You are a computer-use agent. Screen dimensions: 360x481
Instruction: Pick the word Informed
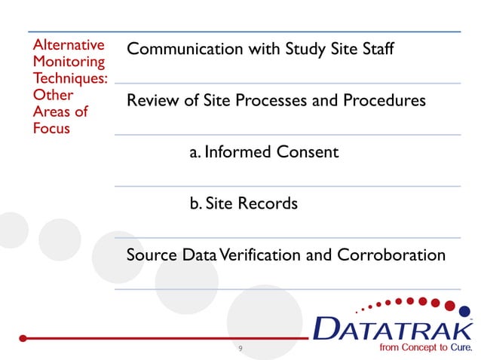click(237, 152)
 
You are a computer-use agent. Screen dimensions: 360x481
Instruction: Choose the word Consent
click(307, 152)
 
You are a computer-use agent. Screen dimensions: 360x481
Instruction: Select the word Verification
click(259, 255)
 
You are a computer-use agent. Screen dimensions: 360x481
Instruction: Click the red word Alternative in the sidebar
click(68, 46)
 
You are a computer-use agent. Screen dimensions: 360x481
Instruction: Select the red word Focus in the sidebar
click(50, 128)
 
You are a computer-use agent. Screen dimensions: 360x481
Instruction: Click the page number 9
click(240, 349)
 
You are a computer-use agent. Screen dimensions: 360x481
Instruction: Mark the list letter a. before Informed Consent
click(195, 153)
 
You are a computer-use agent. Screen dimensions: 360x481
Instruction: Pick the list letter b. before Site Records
click(195, 203)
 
